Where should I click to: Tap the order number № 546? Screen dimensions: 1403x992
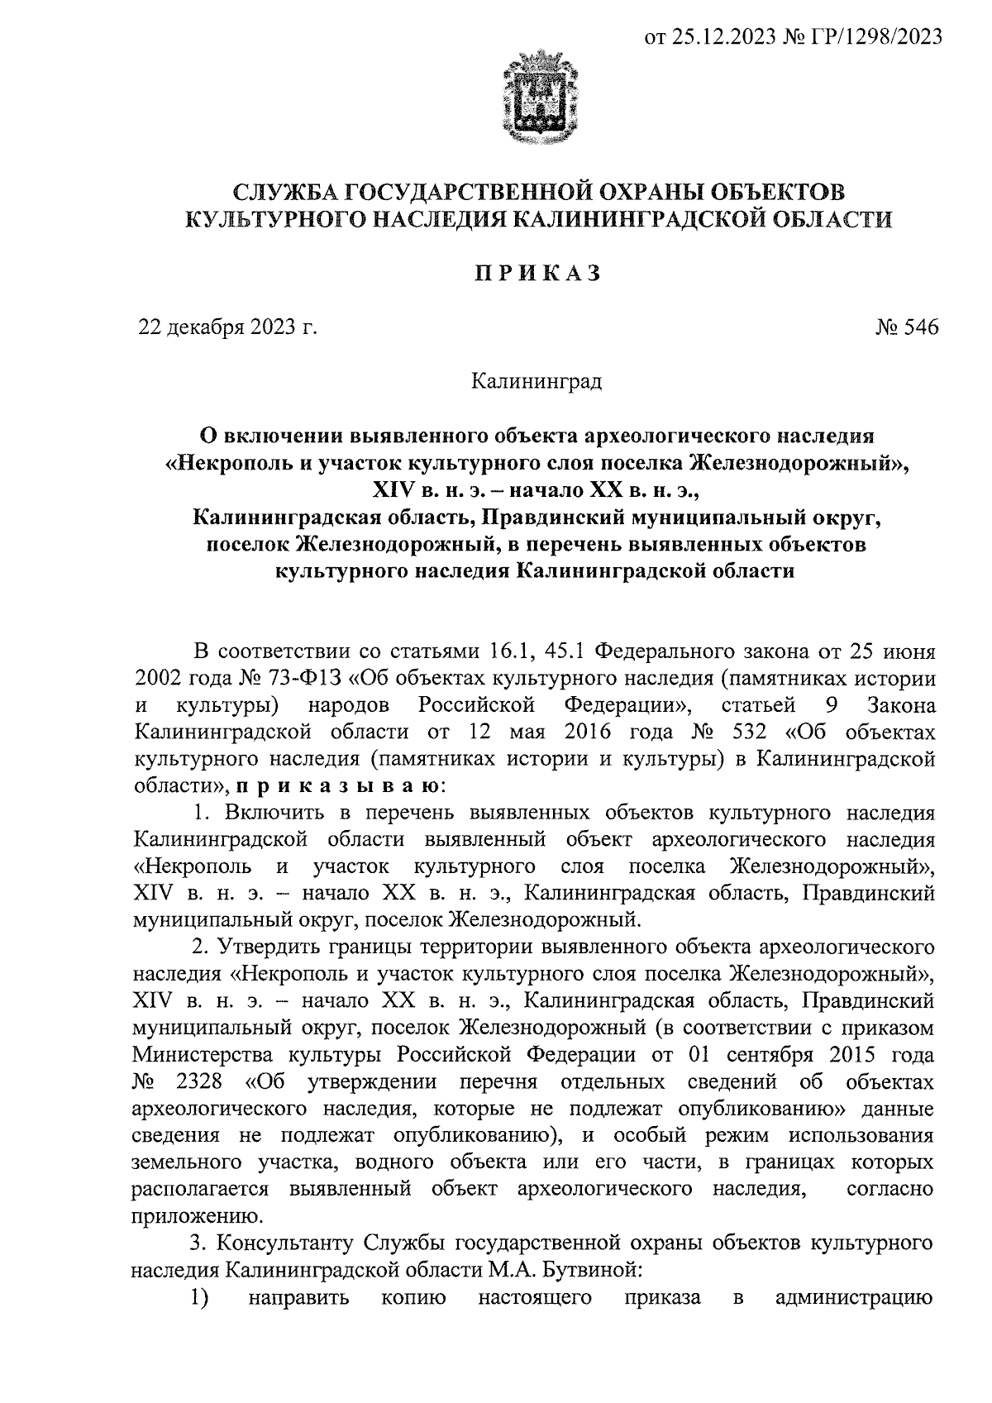[x=907, y=328]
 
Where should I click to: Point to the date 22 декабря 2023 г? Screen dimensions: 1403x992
[x=227, y=328]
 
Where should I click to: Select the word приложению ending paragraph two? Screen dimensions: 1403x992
[x=193, y=1216]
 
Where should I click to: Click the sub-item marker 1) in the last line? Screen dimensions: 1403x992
[x=198, y=1296]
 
